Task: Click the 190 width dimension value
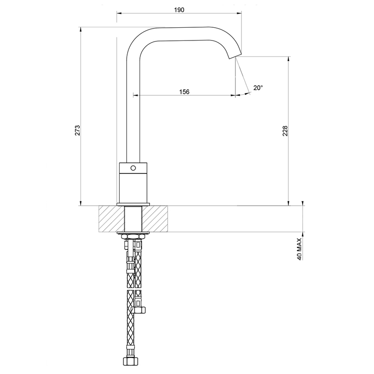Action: coord(179,9)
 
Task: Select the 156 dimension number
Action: coord(184,92)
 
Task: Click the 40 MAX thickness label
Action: coord(299,249)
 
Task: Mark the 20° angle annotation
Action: coord(258,88)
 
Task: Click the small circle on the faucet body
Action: coord(133,168)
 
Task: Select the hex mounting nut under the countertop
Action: coord(133,237)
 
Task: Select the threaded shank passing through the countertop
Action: coord(133,219)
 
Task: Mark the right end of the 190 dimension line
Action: coord(242,13)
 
